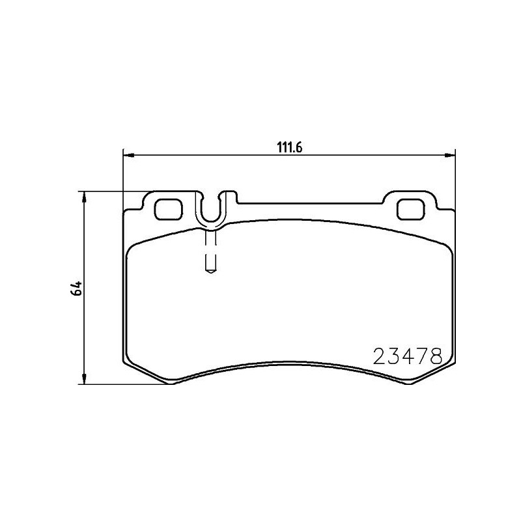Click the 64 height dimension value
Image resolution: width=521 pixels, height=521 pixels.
77,289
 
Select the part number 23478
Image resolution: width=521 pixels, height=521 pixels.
408,356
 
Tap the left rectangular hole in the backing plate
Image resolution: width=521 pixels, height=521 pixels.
169,208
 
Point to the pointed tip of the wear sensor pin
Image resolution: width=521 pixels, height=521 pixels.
210,272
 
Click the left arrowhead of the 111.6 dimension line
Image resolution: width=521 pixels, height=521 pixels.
128,155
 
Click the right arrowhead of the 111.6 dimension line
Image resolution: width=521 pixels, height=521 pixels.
450,155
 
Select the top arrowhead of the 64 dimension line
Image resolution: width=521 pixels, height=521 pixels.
84,196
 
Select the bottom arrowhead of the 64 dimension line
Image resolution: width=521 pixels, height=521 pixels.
84,379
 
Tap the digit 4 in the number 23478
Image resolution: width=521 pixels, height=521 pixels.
407,356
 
